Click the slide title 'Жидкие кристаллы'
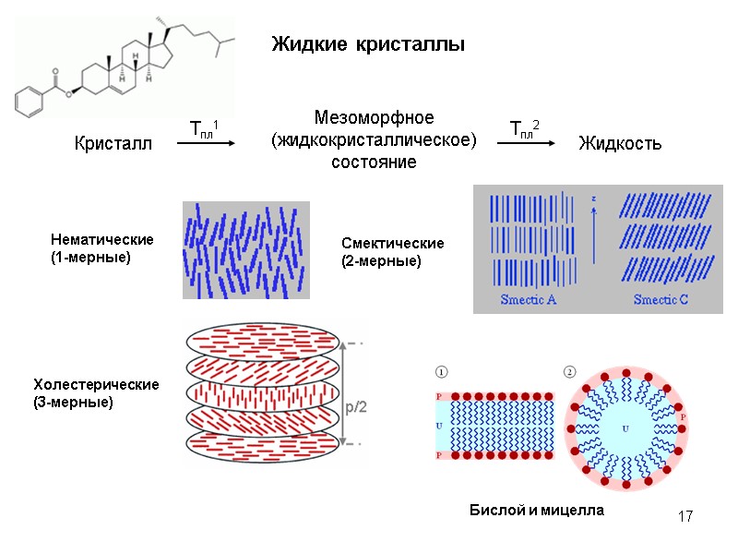[367, 44]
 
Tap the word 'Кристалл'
[113, 144]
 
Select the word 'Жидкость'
[619, 143]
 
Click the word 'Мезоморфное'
[374, 118]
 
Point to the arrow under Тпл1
[206, 143]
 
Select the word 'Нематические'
[101, 240]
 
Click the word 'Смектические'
[393, 244]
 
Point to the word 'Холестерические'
[96, 384]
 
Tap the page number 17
[684, 516]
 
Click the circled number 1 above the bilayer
[442, 372]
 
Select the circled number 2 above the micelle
[569, 372]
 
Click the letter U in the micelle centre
[625, 429]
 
